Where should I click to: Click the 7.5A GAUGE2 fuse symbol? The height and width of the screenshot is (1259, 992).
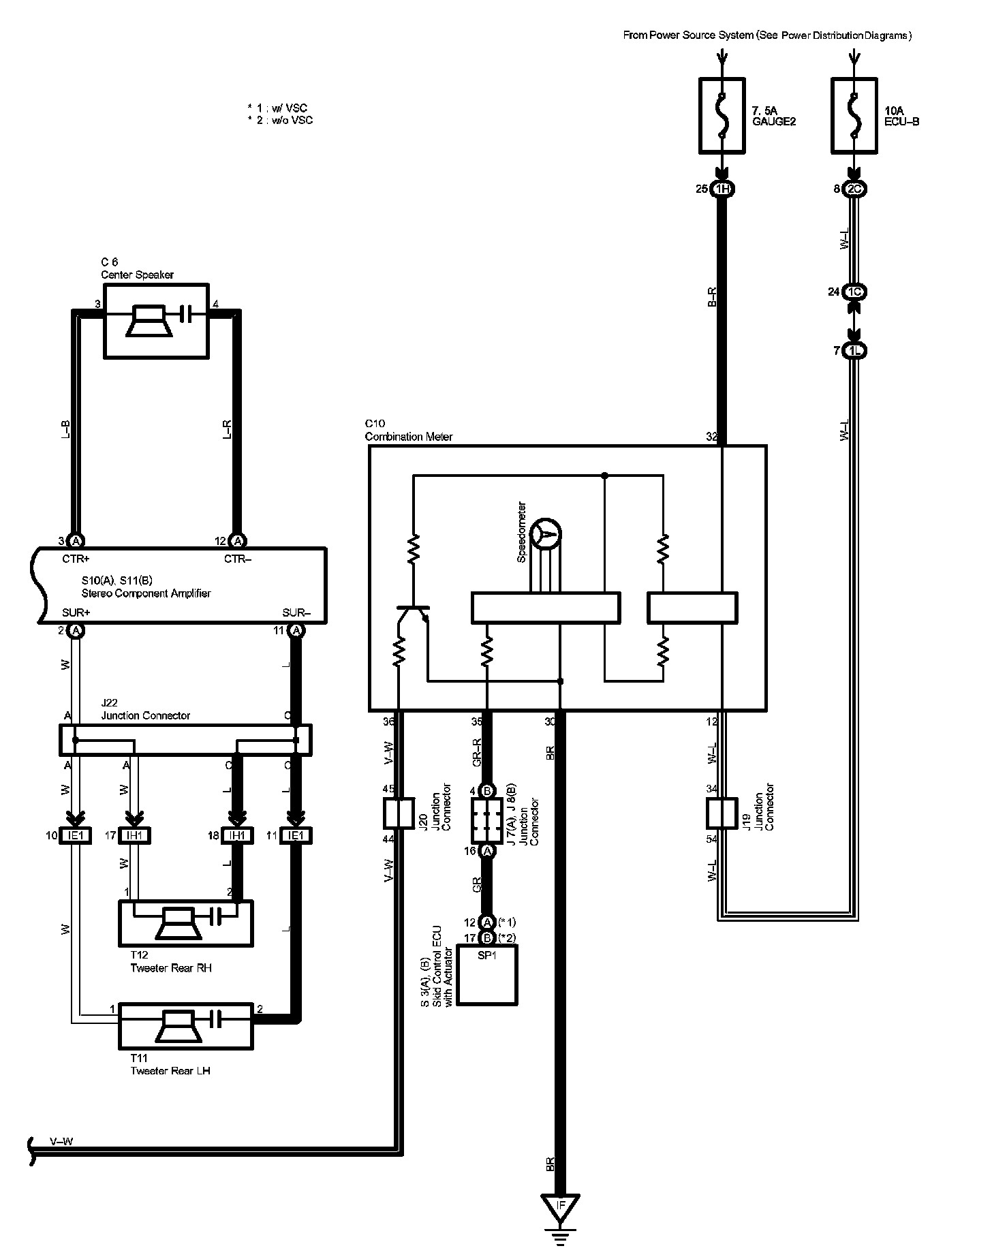(x=722, y=115)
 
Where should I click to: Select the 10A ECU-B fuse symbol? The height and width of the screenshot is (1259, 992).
(x=854, y=115)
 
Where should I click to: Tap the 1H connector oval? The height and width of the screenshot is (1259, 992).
(x=722, y=189)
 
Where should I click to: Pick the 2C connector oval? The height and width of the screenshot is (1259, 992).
(x=854, y=189)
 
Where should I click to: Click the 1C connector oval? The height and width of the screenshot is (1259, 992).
(x=854, y=292)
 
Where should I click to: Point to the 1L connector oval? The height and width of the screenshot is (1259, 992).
(x=854, y=351)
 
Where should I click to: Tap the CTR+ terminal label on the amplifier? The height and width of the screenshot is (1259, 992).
(x=76, y=559)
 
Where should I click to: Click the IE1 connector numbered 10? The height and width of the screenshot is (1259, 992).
(x=75, y=835)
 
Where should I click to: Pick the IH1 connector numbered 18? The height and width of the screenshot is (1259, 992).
(x=236, y=835)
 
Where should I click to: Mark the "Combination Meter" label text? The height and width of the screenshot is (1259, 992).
(x=409, y=437)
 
